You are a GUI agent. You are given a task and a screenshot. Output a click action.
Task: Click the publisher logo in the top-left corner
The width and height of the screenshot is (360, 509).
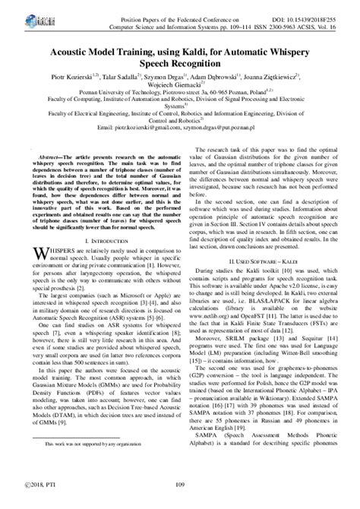pos(17,14)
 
